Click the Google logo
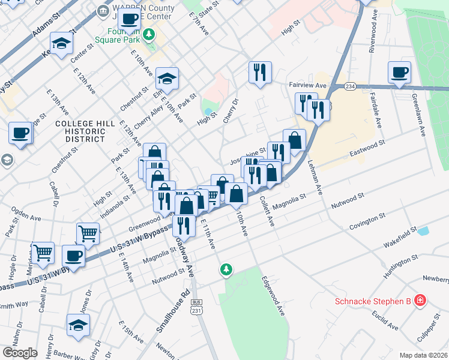20,353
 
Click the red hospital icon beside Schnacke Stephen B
421,299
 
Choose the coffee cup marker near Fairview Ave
399,73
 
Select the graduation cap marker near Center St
61,43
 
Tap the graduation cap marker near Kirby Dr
78,325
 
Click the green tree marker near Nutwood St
226,270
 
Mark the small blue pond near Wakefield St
424,231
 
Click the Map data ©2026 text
423,355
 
